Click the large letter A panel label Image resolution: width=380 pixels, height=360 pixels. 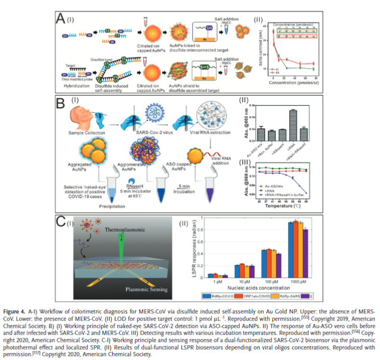[61, 19]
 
